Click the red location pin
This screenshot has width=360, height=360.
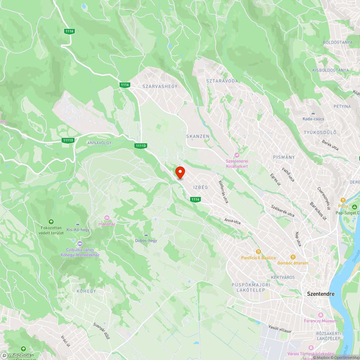pos(180,172)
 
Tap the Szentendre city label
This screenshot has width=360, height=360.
pos(320,294)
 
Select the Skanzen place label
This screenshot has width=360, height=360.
pos(198,136)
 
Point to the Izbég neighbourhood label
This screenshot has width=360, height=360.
pos(201,187)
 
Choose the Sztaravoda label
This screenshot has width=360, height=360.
pos(222,81)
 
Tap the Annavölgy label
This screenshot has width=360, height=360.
pos(99,143)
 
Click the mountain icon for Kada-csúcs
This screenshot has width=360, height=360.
pos(313,113)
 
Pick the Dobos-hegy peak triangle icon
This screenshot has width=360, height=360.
pos(146,234)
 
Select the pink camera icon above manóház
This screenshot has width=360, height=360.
pos(107,217)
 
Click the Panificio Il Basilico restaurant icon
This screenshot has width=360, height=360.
pos(258,251)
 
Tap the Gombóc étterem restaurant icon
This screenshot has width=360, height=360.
pos(293,257)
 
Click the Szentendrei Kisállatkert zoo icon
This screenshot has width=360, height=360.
pos(237,155)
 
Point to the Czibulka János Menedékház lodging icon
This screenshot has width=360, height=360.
pos(80,243)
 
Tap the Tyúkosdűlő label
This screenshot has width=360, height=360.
pos(320,132)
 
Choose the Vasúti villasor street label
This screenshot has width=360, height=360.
pos(280,328)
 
